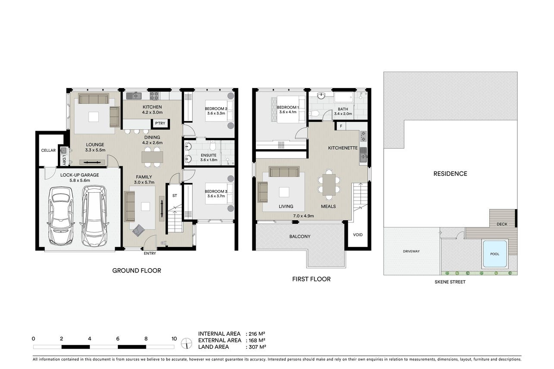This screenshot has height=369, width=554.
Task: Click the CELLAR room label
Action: [x=48, y=150]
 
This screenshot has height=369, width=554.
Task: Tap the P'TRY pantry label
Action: [x=160, y=123]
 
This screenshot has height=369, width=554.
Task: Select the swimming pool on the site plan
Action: [x=494, y=254]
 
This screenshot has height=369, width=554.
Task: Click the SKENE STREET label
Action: [x=450, y=282]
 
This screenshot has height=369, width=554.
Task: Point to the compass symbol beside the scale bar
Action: [x=186, y=343]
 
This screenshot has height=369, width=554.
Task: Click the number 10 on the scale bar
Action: [x=174, y=338]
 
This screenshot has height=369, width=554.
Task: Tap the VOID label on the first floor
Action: [x=358, y=235]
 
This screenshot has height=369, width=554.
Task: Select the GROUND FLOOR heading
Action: [x=136, y=271]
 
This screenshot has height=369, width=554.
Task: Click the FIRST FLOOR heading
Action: [x=312, y=279]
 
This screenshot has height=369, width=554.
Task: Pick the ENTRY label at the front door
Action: [x=150, y=253]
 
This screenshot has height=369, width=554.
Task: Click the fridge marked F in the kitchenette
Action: [x=340, y=126]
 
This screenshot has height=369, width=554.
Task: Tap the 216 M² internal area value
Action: [x=255, y=334]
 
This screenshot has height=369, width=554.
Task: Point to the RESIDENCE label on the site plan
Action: [x=450, y=174]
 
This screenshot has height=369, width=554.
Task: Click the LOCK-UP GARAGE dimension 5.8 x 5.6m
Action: [x=80, y=181]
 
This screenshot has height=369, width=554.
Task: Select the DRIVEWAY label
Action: [x=411, y=251]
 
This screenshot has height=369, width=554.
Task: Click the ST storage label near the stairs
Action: [x=175, y=196]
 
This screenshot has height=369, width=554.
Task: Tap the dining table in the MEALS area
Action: [x=329, y=184]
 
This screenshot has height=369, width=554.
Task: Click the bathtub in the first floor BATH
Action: [x=344, y=97]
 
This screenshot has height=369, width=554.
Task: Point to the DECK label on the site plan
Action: [x=502, y=224]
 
